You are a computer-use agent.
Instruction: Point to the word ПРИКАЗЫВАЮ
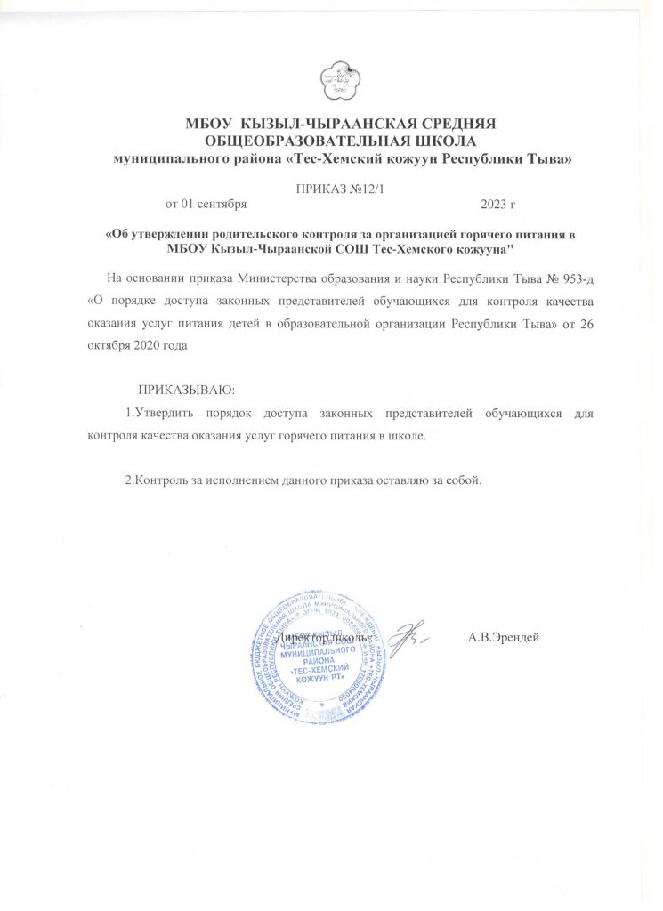coord(186,390)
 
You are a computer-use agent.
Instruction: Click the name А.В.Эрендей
coord(504,638)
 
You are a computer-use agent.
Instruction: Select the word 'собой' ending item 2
coord(464,481)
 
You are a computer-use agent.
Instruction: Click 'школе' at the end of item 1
coord(408,437)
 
